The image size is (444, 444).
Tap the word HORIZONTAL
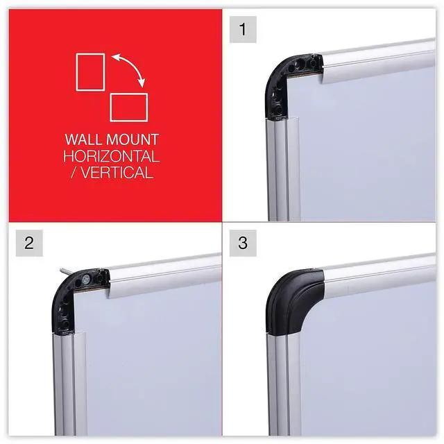111,156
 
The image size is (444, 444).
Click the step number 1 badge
243,29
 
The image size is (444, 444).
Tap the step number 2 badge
29,243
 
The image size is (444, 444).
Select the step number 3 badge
243,243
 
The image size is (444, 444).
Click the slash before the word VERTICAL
74,173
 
